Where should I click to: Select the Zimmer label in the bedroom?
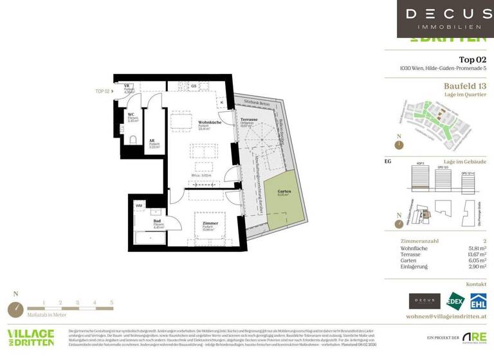(207, 222)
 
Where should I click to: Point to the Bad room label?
(156, 221)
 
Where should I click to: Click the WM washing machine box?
(139, 206)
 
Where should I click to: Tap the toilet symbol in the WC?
(133, 139)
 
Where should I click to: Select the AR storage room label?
(153, 142)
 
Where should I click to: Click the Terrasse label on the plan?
(249, 120)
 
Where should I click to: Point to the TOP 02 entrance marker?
(103, 91)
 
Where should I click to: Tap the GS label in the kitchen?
(192, 86)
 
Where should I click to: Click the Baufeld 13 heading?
(464, 85)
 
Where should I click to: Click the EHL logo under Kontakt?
(477, 301)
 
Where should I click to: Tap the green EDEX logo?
(455, 301)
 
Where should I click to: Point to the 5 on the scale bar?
(111, 301)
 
